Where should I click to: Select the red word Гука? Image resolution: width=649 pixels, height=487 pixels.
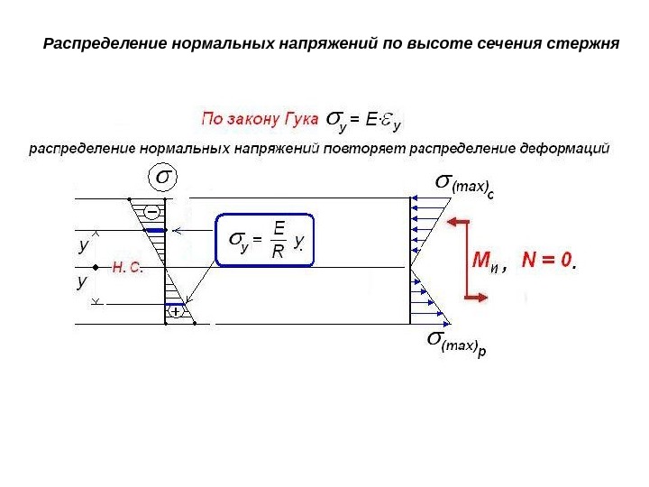(295, 117)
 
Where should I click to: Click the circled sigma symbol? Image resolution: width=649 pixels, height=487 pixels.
(162, 178)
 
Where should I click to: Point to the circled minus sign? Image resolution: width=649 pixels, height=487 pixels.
(151, 211)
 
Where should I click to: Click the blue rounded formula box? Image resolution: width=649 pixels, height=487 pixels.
(266, 240)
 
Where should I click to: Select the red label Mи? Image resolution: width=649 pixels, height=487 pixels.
(487, 262)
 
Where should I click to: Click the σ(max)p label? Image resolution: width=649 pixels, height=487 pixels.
(455, 343)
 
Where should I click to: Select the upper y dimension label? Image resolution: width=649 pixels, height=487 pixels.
(84, 244)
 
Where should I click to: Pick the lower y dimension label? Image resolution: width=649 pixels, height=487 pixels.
(82, 282)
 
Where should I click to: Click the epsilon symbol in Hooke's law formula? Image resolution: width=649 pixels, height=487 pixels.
(381, 117)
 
